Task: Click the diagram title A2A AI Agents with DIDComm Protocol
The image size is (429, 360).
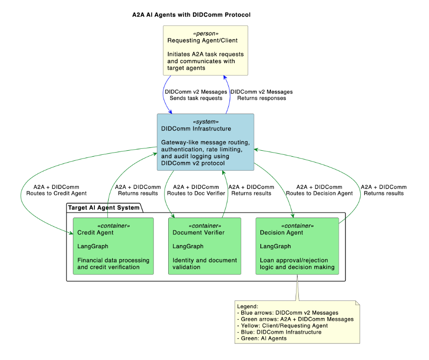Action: (191, 15)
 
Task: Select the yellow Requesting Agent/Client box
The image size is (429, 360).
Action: (205, 50)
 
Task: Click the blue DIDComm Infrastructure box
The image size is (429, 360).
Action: (205, 142)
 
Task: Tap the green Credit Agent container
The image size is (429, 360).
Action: (113, 246)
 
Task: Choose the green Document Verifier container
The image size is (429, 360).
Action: (204, 246)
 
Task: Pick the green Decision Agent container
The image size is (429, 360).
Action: (297, 246)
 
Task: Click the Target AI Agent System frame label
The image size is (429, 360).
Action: (104, 207)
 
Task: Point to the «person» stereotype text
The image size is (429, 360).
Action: (205, 33)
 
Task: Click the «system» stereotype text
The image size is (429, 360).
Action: (205, 121)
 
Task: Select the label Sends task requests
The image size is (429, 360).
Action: (196, 98)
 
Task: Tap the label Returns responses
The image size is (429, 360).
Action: (261, 98)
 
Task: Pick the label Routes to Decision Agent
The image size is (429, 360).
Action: (319, 193)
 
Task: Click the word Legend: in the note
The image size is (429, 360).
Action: (247, 306)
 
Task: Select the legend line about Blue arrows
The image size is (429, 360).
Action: (287, 312)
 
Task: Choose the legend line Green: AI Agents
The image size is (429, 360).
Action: (262, 338)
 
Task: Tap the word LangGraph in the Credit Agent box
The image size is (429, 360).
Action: (93, 246)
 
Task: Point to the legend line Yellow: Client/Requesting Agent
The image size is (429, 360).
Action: (282, 326)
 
